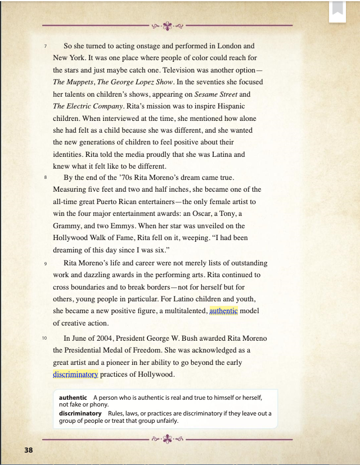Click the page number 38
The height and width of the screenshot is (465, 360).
click(29, 450)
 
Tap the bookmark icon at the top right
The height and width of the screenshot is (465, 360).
click(337, 10)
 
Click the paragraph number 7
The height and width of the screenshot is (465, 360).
click(46, 46)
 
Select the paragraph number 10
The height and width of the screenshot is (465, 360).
click(44, 338)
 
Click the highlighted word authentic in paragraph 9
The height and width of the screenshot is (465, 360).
click(223, 310)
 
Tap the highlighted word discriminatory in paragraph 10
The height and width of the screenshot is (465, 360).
click(75, 374)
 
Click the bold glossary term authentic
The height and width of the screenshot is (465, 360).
click(73, 398)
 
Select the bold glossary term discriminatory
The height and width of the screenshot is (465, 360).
click(80, 413)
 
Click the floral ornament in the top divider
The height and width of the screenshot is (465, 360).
click(167, 25)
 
